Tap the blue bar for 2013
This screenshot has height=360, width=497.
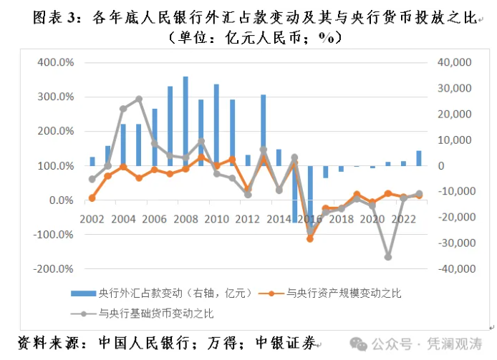263,130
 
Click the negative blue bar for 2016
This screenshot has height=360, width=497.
310,197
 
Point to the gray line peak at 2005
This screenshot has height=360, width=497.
139,99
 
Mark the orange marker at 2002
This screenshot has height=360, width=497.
92,198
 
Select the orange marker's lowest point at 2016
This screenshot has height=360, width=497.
310,238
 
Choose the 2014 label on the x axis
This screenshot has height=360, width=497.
279,218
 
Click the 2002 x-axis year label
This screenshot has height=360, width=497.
92,218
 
